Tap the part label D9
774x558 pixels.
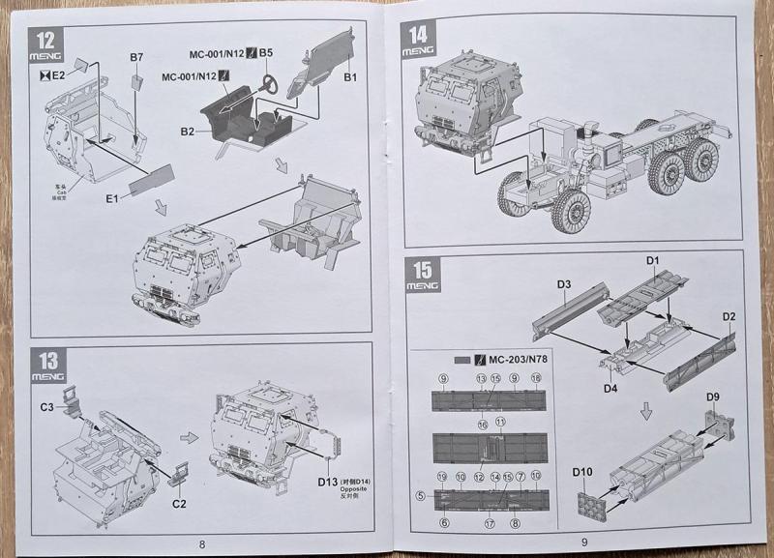tap(713, 396)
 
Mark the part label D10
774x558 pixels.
tap(582, 471)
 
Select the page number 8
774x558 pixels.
tap(201, 543)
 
